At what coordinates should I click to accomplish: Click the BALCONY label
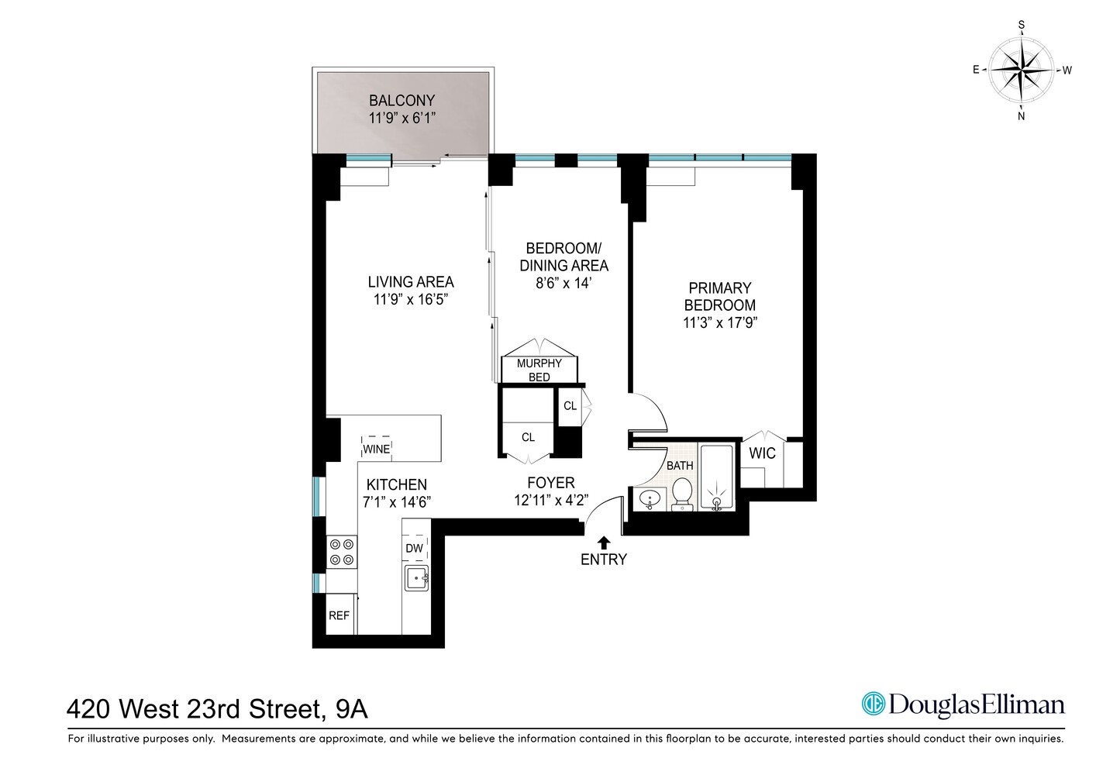(402, 101)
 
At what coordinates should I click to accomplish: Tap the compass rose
(1021, 70)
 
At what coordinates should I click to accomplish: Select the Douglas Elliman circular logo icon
(874, 704)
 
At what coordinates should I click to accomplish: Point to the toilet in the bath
(682, 494)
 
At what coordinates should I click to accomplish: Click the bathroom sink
(647, 499)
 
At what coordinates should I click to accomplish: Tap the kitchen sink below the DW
(416, 578)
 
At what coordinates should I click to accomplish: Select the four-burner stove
(342, 551)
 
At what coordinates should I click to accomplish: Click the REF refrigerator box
(339, 615)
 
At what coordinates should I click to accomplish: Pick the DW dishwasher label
(415, 548)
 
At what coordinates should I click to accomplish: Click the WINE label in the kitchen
(377, 449)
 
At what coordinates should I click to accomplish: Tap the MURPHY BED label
(539, 370)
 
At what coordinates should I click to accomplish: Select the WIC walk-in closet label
(762, 453)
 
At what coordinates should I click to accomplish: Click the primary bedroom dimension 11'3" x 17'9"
(720, 322)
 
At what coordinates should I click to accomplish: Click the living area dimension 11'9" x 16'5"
(411, 299)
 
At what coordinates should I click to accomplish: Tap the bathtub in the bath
(716, 478)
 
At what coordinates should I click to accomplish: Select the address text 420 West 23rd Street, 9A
(218, 708)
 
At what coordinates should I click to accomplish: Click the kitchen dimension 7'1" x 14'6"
(397, 501)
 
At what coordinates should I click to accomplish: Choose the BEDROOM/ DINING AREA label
(564, 257)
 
